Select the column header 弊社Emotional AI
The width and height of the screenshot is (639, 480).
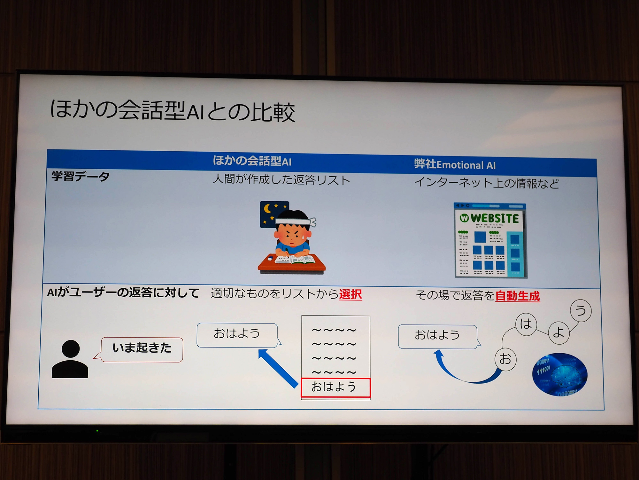455,164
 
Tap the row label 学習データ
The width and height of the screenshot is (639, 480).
81,176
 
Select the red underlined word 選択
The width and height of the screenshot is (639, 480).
350,294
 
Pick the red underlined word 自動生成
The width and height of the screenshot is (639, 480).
518,296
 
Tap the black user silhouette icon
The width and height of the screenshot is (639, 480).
70,359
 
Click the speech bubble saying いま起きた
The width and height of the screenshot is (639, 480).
142,349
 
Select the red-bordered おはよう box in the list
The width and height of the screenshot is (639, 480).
335,388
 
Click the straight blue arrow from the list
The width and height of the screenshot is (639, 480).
278,368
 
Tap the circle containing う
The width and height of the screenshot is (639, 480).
581,310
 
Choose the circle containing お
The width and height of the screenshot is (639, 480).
505,359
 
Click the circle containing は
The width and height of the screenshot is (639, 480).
526,324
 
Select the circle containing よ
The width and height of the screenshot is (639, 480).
559,333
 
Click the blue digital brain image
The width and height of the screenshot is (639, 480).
560,374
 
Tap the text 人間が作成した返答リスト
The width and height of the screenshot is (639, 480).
281,180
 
